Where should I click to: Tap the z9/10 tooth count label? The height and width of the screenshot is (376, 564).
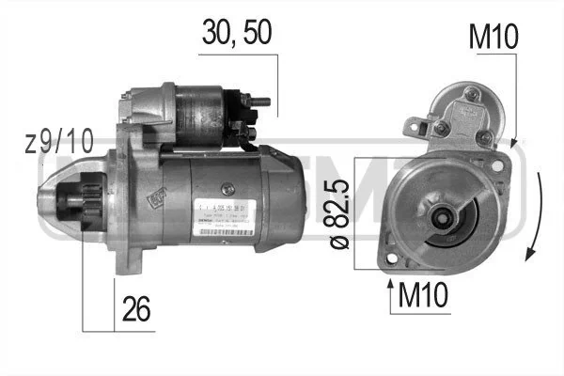(60, 143)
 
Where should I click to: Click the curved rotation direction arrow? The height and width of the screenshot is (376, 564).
(533, 216)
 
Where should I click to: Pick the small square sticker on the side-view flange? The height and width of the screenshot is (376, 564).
(150, 199)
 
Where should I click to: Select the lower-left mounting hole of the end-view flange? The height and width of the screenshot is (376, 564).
(389, 256)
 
